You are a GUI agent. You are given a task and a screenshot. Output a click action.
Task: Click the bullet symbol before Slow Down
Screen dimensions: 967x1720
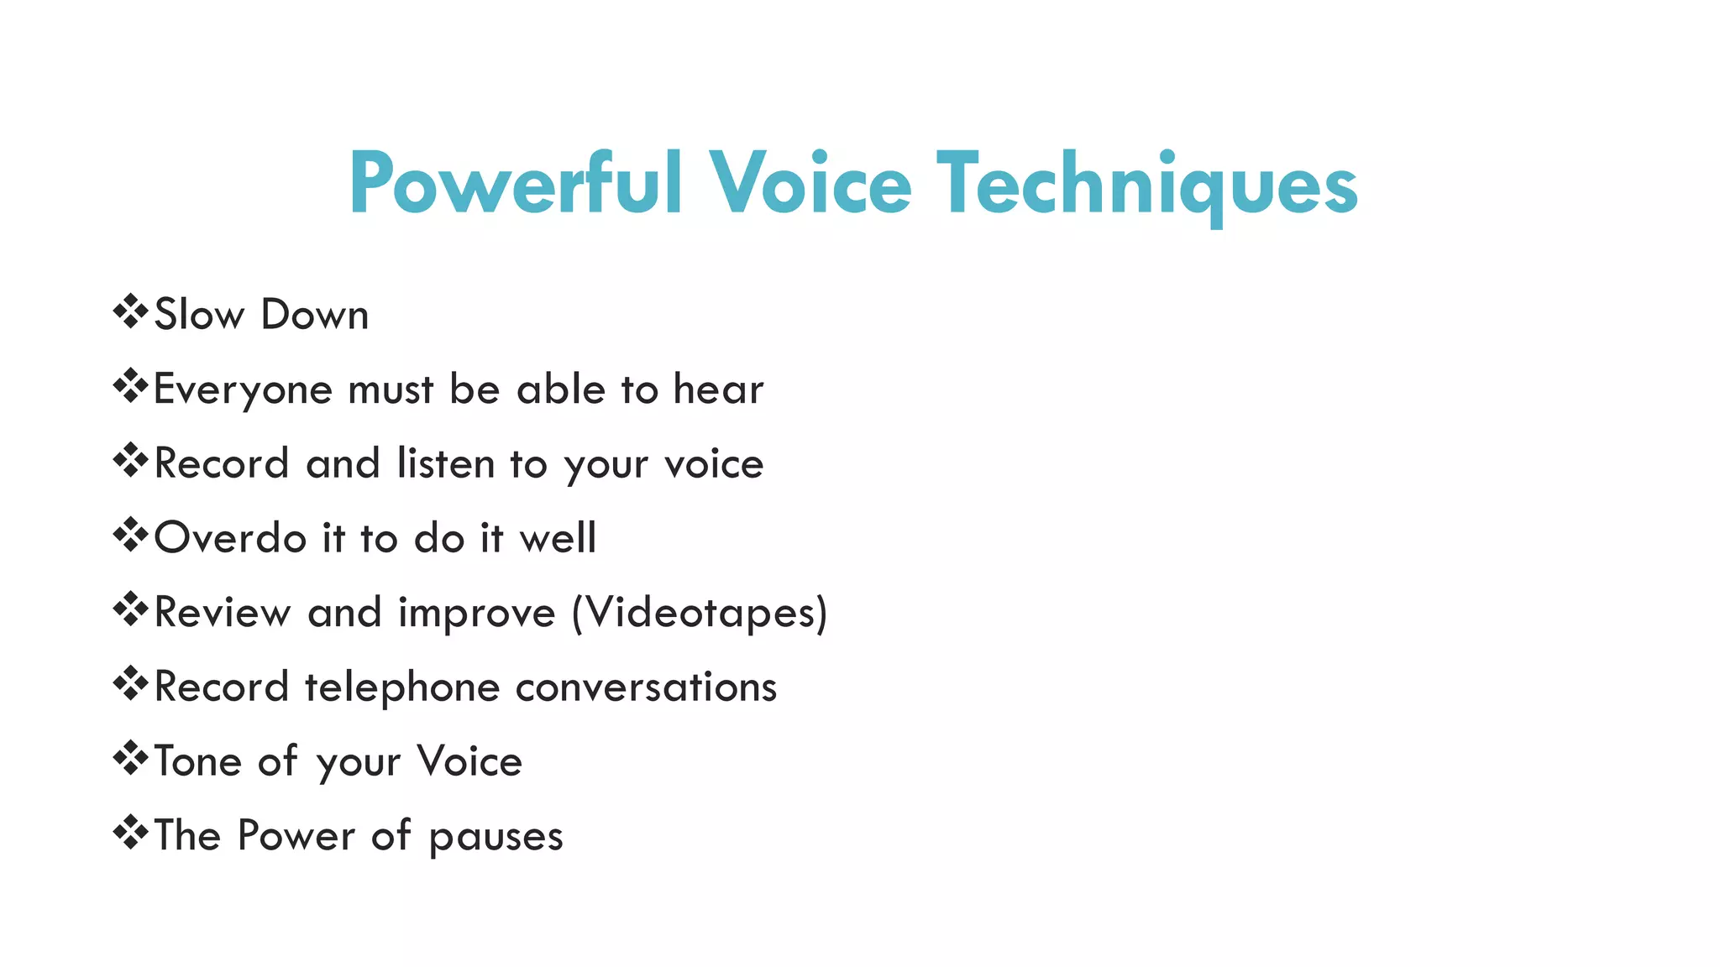point(130,312)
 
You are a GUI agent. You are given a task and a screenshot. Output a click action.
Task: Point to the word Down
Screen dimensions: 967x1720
point(315,315)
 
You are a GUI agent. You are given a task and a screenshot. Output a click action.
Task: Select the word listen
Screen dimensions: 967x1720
point(446,463)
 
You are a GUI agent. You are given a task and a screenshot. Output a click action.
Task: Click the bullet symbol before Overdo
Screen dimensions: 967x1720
point(130,536)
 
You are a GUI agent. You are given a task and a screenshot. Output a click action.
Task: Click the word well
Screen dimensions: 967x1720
point(558,538)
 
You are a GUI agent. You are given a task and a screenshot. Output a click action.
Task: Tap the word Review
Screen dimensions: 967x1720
point(223,612)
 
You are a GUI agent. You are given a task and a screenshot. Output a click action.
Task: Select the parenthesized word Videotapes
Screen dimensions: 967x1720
point(700,613)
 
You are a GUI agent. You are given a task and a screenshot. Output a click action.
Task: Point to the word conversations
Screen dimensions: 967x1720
point(646,687)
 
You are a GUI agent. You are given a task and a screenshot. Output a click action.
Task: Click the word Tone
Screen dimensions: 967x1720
point(198,761)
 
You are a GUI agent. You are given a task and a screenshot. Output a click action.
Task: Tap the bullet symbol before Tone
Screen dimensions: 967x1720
point(130,759)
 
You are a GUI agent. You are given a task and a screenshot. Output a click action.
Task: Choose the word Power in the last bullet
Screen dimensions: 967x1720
point(296,836)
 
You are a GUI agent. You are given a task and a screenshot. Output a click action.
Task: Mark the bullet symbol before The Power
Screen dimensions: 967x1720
point(130,834)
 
